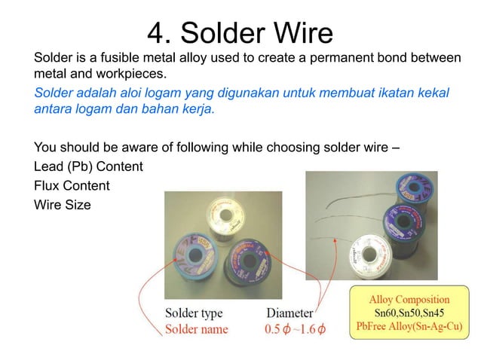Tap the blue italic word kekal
(430, 93)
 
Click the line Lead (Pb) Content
(88, 166)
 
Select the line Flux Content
(72, 185)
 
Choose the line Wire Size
(63, 203)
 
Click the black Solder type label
(194, 313)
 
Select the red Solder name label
(196, 328)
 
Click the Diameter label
(290, 313)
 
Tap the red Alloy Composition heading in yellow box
(409, 300)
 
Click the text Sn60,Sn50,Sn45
(409, 313)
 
